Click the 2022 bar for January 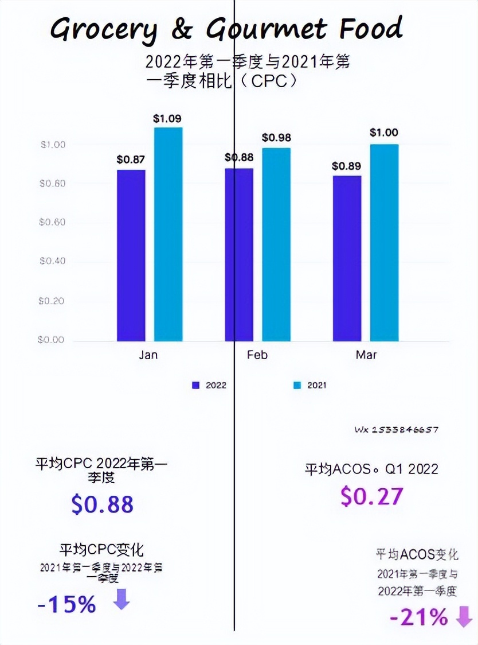131,255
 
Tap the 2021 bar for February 276,244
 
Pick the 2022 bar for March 347,258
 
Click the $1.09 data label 167,119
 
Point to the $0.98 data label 276,138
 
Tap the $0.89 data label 347,166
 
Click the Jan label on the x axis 148,355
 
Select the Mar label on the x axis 366,355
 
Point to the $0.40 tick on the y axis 52,261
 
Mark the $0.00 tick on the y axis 52,340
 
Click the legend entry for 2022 209,386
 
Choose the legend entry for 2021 310,386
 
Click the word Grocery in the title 103,29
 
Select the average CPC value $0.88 103,504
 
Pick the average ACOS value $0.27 371,496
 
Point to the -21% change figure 419,618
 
